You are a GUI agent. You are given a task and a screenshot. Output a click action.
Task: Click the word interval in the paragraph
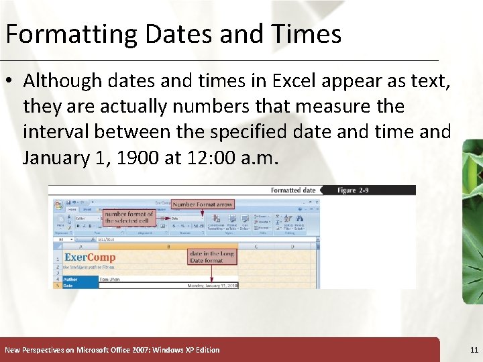pyautogui.click(x=54, y=132)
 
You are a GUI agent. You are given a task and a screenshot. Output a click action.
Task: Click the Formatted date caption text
pyautogui.click(x=292, y=190)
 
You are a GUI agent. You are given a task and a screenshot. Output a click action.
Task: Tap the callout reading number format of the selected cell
pyautogui.click(x=129, y=217)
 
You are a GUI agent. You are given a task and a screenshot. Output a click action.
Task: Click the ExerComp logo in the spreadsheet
pyautogui.click(x=90, y=257)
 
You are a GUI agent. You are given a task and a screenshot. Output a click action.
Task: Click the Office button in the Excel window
pyautogui.click(x=58, y=205)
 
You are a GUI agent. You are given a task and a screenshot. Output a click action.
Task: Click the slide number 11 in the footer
pyautogui.click(x=474, y=350)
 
